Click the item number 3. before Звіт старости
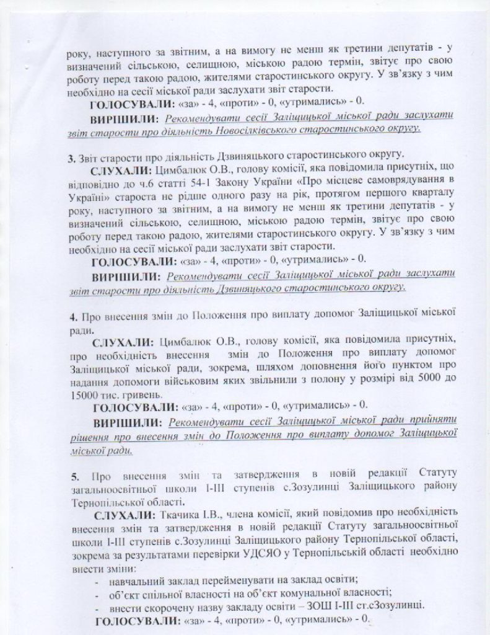[x=71, y=154]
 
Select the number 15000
[x=83, y=395]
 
